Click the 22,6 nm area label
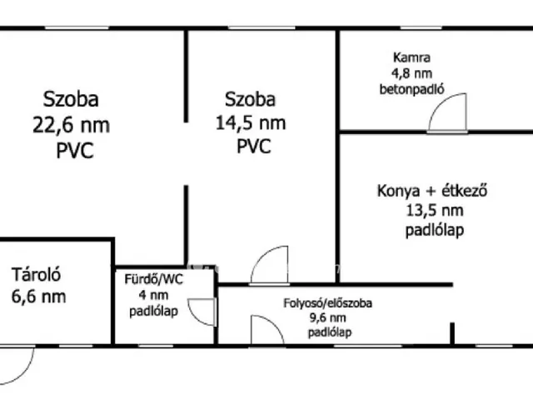(x=71, y=125)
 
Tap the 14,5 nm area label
(x=251, y=122)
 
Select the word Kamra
(x=411, y=57)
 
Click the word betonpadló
(x=411, y=89)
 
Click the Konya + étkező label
(x=432, y=191)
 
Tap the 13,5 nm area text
(x=435, y=211)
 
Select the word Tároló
(x=36, y=274)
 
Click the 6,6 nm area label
(x=39, y=297)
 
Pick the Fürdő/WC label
(x=153, y=279)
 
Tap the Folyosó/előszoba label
(x=327, y=303)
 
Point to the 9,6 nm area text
(x=327, y=318)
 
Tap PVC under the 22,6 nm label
(x=75, y=150)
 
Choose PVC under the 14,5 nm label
(x=253, y=147)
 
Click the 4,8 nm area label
(x=411, y=73)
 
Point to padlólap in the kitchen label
(x=435, y=230)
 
